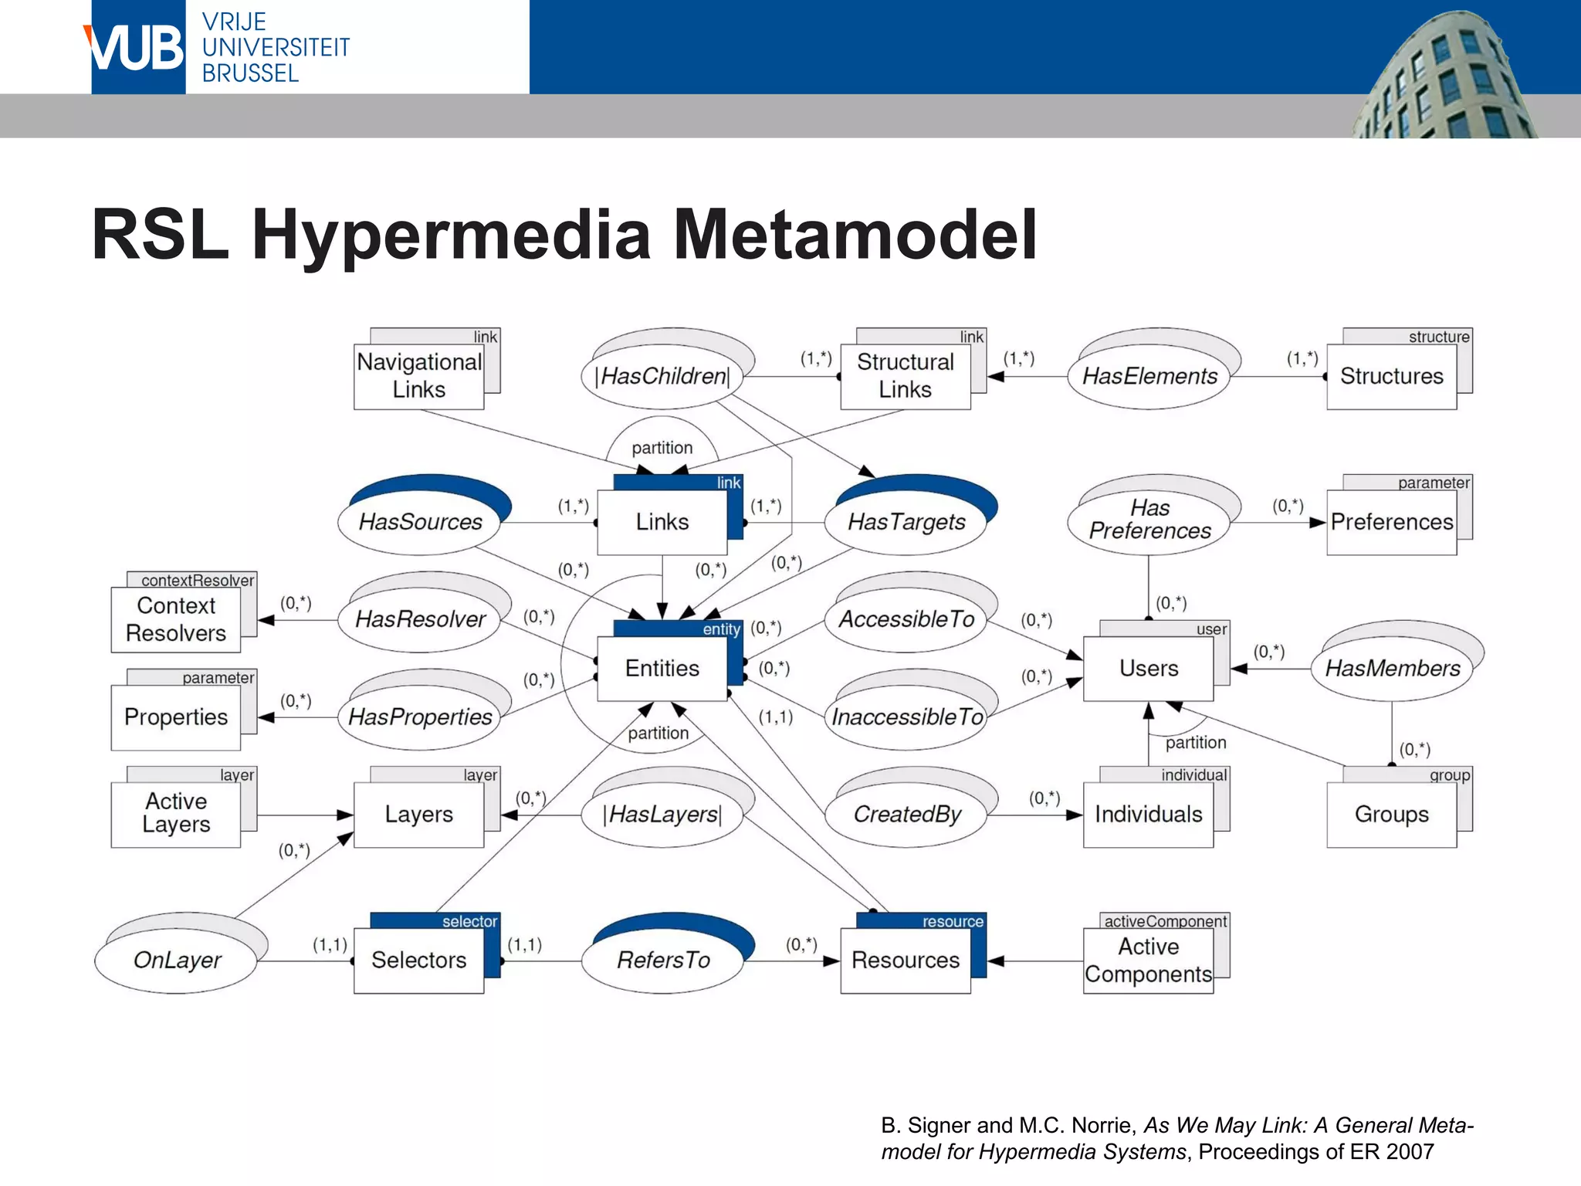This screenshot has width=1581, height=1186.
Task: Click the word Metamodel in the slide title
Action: (x=855, y=234)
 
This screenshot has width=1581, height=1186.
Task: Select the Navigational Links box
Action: (x=419, y=376)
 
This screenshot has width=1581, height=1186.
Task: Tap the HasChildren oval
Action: (x=662, y=376)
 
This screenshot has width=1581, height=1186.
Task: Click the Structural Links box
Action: (x=905, y=376)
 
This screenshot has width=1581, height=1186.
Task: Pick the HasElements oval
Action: (x=1149, y=376)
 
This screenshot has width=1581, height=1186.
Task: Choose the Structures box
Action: (x=1391, y=376)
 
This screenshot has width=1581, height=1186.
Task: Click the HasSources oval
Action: (x=420, y=522)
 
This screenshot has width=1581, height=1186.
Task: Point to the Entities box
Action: (x=662, y=668)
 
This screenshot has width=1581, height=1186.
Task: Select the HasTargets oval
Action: (x=906, y=522)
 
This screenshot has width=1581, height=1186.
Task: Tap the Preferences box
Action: (x=1391, y=522)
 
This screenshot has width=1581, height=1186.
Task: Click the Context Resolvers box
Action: (x=176, y=619)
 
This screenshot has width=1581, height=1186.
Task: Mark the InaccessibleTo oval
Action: (x=906, y=717)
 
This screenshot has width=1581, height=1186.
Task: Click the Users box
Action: (x=1148, y=668)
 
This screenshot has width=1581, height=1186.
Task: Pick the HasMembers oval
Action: (x=1392, y=668)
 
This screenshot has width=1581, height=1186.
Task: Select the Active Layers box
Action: (x=176, y=814)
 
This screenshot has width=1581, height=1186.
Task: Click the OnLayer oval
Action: (x=177, y=960)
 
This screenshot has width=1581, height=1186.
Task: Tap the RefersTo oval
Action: (x=662, y=960)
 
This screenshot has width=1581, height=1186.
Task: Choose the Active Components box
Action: (x=1148, y=960)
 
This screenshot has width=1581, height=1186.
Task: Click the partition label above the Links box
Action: (x=662, y=448)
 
